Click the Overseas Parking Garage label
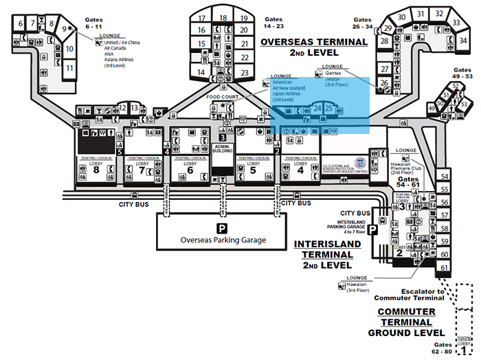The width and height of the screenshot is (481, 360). tap(223, 240)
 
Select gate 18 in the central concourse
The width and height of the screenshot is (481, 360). tap(223, 18)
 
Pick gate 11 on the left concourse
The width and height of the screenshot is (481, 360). tap(69, 68)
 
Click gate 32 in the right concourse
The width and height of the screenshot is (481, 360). tap(439, 13)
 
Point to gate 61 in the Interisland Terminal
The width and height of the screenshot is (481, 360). tap(445, 267)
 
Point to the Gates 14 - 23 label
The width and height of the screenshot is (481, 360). tap(273, 24)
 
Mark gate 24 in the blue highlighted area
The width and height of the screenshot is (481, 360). tap(317, 108)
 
